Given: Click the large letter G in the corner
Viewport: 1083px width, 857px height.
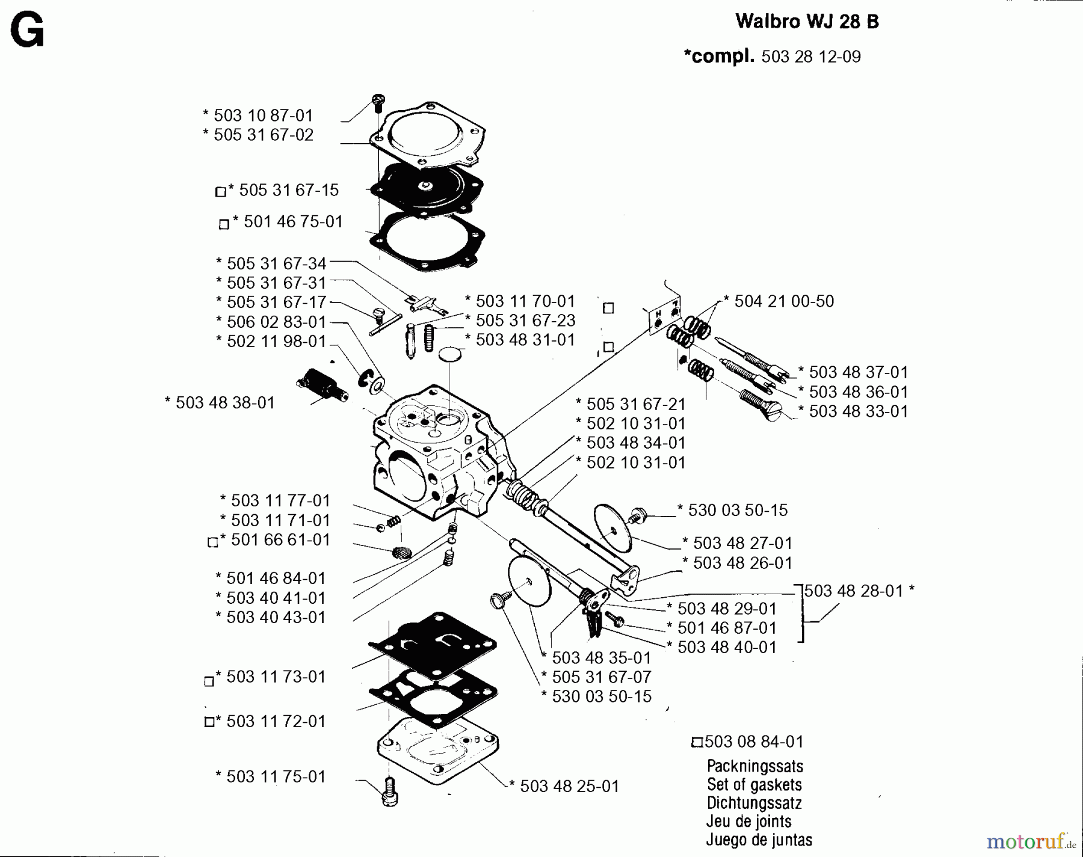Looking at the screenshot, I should (x=27, y=32).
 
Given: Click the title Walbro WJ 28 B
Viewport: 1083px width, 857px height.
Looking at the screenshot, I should (x=807, y=22).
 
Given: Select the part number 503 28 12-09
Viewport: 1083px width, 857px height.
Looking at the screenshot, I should (x=810, y=57).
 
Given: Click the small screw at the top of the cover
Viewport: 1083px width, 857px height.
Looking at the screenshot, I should (x=378, y=102).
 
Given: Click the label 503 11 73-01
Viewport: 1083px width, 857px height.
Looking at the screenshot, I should (x=270, y=677).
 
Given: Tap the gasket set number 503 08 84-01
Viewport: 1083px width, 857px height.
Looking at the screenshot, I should (x=753, y=742).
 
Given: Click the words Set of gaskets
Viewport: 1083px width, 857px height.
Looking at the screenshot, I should (x=754, y=785).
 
